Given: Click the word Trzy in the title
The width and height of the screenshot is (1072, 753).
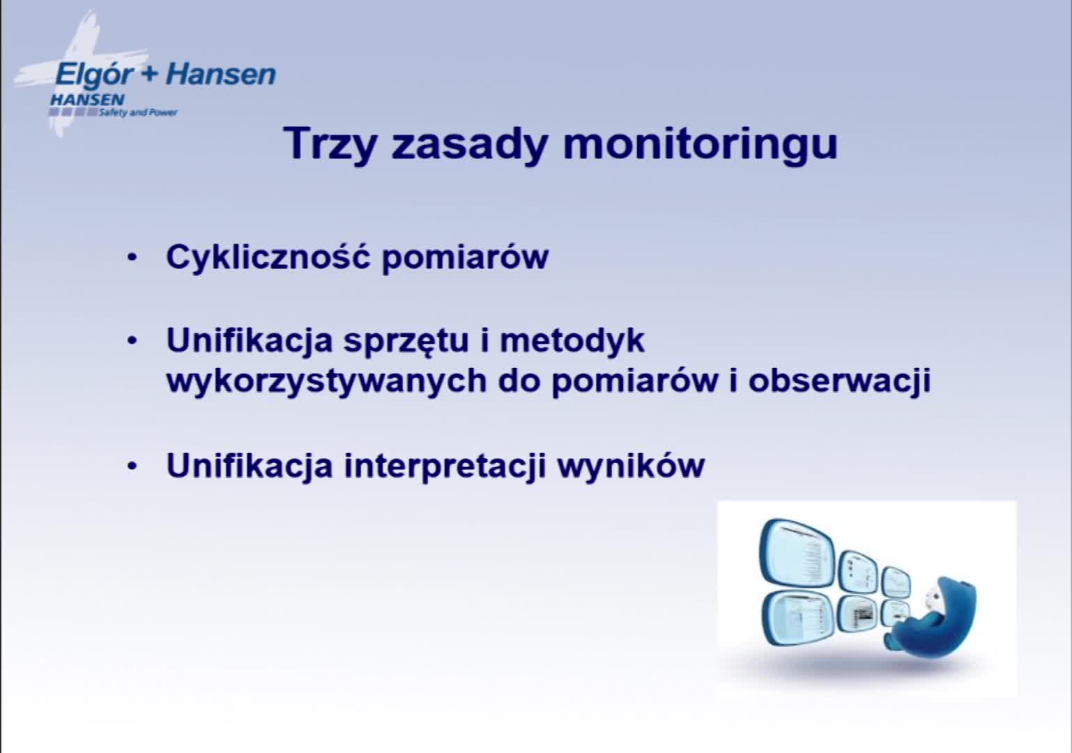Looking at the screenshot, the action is pos(330,144).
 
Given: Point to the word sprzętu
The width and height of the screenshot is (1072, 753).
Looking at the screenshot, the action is pos(406,342).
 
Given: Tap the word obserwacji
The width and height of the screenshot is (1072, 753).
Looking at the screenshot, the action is pos(839,381).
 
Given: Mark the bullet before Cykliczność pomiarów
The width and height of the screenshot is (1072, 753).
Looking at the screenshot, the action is pos(132,257).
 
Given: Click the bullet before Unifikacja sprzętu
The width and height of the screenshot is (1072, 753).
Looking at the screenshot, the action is pos(132,341).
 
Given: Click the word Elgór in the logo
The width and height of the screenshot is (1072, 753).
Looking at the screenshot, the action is pos(94,75).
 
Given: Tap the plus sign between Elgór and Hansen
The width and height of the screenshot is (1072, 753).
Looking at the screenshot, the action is pos(150,75).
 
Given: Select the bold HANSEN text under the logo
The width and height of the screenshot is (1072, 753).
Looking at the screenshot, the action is pos(87,100).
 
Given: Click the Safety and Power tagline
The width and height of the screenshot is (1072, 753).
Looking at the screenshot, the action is pos(138,112).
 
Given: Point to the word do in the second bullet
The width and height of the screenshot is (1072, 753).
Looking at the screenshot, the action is pos(519,381).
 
